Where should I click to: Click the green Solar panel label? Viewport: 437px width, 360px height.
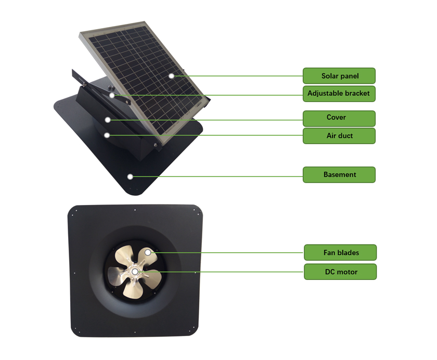339,76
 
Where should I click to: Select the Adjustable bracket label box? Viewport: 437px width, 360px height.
339,94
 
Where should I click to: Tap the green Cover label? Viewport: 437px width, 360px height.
339,118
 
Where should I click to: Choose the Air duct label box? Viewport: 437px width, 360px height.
339,136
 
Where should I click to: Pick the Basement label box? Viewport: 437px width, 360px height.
339,175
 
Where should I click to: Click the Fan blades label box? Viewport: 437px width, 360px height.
340,253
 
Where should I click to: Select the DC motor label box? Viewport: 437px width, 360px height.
340,272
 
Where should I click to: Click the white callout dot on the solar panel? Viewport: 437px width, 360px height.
171,76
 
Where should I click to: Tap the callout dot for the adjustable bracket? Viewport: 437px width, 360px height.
112,96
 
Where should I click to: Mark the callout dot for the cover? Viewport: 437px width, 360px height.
108,120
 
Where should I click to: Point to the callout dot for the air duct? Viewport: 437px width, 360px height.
107,135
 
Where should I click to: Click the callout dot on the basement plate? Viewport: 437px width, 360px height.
130,177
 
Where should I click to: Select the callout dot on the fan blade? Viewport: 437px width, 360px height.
148,252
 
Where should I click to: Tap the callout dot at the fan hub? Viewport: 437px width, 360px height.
135,272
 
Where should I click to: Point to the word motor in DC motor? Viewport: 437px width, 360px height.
348,272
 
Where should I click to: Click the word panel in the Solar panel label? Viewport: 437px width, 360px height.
350,76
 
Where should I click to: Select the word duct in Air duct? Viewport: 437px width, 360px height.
345,136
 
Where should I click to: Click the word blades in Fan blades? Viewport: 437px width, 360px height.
348,253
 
